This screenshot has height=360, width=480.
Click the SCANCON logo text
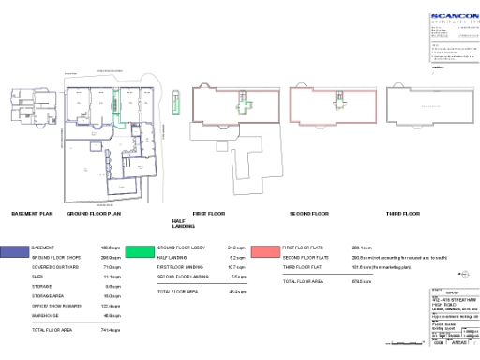click(454, 16)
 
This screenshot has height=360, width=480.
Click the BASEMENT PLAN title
click(32, 214)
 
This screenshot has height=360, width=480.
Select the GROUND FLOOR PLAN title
click(95, 214)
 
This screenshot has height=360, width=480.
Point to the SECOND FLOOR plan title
click(308, 214)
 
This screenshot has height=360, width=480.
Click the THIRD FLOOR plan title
click(402, 214)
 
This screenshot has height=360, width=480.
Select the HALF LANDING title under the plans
click(183, 225)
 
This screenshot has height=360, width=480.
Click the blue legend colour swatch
click(14, 251)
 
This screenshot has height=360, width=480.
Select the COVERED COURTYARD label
click(52, 266)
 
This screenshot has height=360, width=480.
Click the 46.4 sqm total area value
click(237, 292)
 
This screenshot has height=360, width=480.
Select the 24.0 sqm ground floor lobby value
click(236, 247)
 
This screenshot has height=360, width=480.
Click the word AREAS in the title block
click(459, 344)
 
